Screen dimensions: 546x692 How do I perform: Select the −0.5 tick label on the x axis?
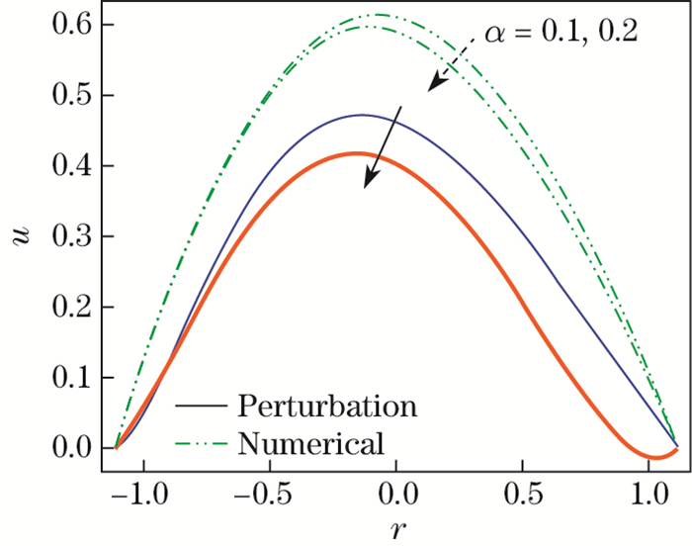coord(264,492)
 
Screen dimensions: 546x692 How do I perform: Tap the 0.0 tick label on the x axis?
coord(395,492)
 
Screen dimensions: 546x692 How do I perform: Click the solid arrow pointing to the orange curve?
coord(384,144)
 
